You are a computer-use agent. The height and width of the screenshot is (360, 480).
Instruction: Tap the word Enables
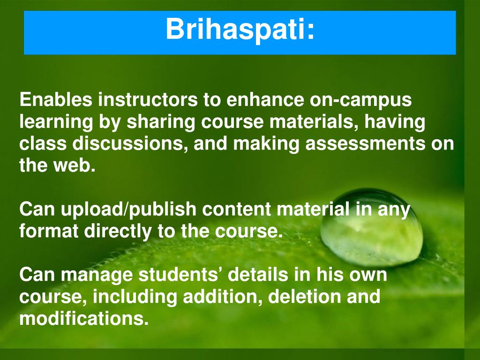[x=56, y=99]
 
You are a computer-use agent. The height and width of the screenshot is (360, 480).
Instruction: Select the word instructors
[x=148, y=99]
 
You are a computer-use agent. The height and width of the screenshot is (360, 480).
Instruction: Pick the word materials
[x=314, y=122]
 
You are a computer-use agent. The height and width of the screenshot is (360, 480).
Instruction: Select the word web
[x=75, y=165]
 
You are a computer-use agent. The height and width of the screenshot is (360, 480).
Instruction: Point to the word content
[x=237, y=210]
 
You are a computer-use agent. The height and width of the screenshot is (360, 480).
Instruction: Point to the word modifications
[x=84, y=318]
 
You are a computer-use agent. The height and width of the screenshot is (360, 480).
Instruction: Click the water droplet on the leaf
[x=372, y=227]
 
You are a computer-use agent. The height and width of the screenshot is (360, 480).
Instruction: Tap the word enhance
[x=265, y=100]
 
